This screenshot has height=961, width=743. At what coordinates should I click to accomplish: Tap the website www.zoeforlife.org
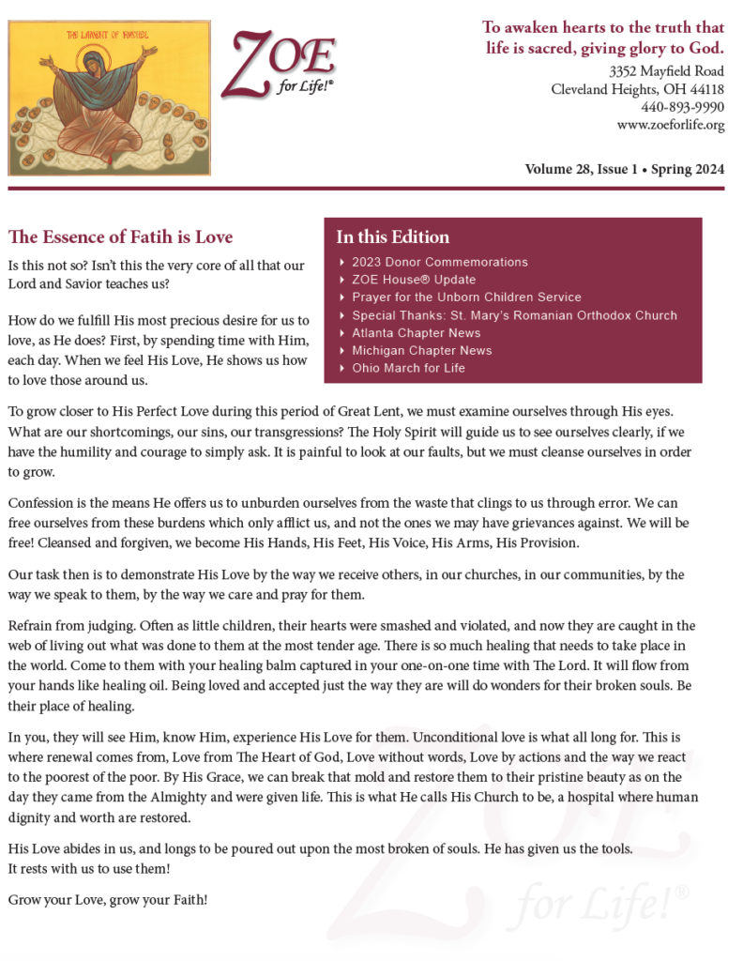[670, 125]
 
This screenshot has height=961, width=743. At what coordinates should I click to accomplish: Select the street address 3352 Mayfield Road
[666, 70]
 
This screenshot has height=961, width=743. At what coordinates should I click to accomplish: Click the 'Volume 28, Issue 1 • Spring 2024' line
[624, 170]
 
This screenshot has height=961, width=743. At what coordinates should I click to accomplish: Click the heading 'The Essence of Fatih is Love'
[120, 236]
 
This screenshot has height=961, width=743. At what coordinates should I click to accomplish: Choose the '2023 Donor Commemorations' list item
[439, 262]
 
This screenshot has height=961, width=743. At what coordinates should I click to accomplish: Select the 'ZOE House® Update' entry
[414, 280]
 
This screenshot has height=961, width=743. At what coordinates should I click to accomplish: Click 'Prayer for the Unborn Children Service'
[466, 297]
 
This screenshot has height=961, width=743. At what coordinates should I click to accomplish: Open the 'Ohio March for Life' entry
[408, 368]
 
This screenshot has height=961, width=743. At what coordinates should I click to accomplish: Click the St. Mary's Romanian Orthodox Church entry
[514, 315]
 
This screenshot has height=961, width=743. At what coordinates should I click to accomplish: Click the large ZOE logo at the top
[279, 64]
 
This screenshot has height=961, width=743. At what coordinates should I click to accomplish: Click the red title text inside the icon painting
[109, 35]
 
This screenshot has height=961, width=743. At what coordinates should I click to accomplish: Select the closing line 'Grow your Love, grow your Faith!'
[108, 899]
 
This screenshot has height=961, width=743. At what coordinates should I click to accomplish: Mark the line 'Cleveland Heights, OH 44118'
[637, 89]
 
